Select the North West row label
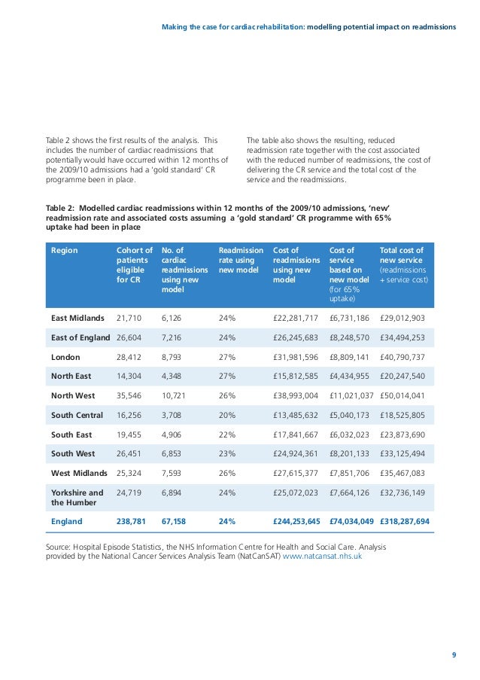pyautogui.click(x=72, y=395)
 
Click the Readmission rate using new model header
pyautogui.click(x=241, y=261)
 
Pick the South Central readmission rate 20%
pyautogui.click(x=227, y=415)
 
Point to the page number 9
pyautogui.click(x=454, y=654)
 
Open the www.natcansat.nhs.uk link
pyautogui.click(x=322, y=557)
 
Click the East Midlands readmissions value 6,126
pyautogui.click(x=174, y=317)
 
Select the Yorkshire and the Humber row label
pyautogui.click(x=77, y=499)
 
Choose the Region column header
pyautogui.click(x=64, y=251)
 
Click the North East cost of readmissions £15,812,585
pyautogui.click(x=296, y=376)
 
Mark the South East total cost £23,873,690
pyautogui.click(x=403, y=435)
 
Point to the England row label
pyautogui.click(x=66, y=520)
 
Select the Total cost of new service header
pyautogui.click(x=403, y=265)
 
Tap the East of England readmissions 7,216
pyautogui.click(x=174, y=337)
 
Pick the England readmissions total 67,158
pyautogui.click(x=177, y=520)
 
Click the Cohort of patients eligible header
pyautogui.click(x=135, y=265)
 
